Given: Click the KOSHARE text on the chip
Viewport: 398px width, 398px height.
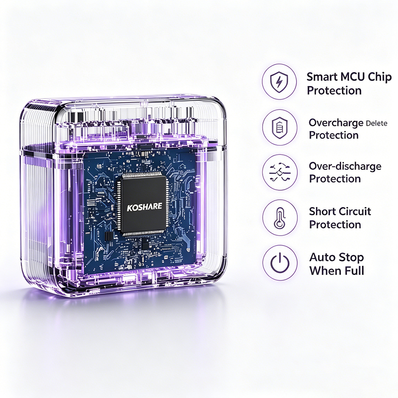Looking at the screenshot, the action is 144,207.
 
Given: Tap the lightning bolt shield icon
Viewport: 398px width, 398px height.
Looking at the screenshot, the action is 279,82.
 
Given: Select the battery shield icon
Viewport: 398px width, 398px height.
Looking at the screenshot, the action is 279,127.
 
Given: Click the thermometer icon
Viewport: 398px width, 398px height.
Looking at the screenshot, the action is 279,218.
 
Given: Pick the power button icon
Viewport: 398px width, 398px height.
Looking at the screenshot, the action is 280,263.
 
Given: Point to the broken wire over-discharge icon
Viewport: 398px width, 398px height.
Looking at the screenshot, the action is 280,172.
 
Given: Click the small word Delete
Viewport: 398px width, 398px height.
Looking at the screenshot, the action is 377,124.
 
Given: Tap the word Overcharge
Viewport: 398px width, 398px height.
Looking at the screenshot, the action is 336,123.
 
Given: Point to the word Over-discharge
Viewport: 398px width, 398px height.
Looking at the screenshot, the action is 345,166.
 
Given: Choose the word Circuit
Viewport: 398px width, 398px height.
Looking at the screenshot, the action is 355,211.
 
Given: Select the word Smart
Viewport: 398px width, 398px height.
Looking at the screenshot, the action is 322,77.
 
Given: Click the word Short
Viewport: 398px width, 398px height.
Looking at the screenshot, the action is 323,211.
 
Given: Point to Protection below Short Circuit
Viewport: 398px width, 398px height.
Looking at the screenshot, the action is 335,224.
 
